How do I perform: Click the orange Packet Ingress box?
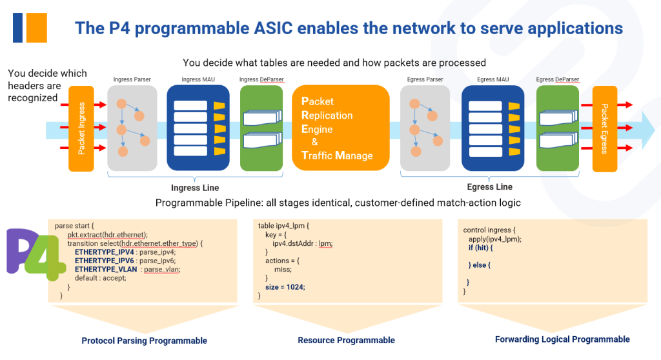81,129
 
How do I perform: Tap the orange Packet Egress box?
605,129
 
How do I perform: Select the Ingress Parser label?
132,79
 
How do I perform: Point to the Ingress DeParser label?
261,79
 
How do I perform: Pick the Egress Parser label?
425,79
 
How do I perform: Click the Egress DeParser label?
558,79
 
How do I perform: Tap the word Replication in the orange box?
327,115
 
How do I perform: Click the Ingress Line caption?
195,188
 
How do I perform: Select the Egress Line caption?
489,187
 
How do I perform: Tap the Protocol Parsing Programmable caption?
144,341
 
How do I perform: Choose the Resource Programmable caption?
346,340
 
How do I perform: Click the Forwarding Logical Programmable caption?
562,339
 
